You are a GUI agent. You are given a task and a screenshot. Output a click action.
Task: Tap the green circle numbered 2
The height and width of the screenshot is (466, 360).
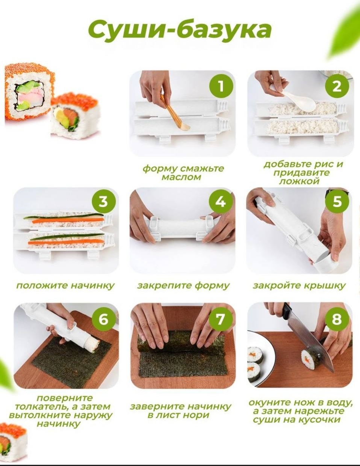point(337,87)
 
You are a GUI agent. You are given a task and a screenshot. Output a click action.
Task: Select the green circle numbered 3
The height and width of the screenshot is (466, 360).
point(104,202)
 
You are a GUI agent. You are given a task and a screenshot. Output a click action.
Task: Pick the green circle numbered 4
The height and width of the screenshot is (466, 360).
point(221,202)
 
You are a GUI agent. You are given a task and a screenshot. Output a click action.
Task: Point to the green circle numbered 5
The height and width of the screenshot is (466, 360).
point(337,202)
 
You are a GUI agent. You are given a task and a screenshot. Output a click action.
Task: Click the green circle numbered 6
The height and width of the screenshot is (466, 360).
point(104,319)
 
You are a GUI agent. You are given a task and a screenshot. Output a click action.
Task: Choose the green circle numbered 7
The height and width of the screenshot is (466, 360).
point(221,319)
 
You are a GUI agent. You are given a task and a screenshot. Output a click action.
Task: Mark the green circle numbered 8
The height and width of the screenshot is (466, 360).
point(337,319)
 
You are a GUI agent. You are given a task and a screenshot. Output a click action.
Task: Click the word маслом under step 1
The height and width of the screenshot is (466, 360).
point(182,177)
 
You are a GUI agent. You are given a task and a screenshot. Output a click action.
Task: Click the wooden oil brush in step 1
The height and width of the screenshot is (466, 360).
point(175,113)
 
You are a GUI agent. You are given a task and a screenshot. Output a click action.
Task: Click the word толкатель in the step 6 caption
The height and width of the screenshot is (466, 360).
point(42,407)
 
